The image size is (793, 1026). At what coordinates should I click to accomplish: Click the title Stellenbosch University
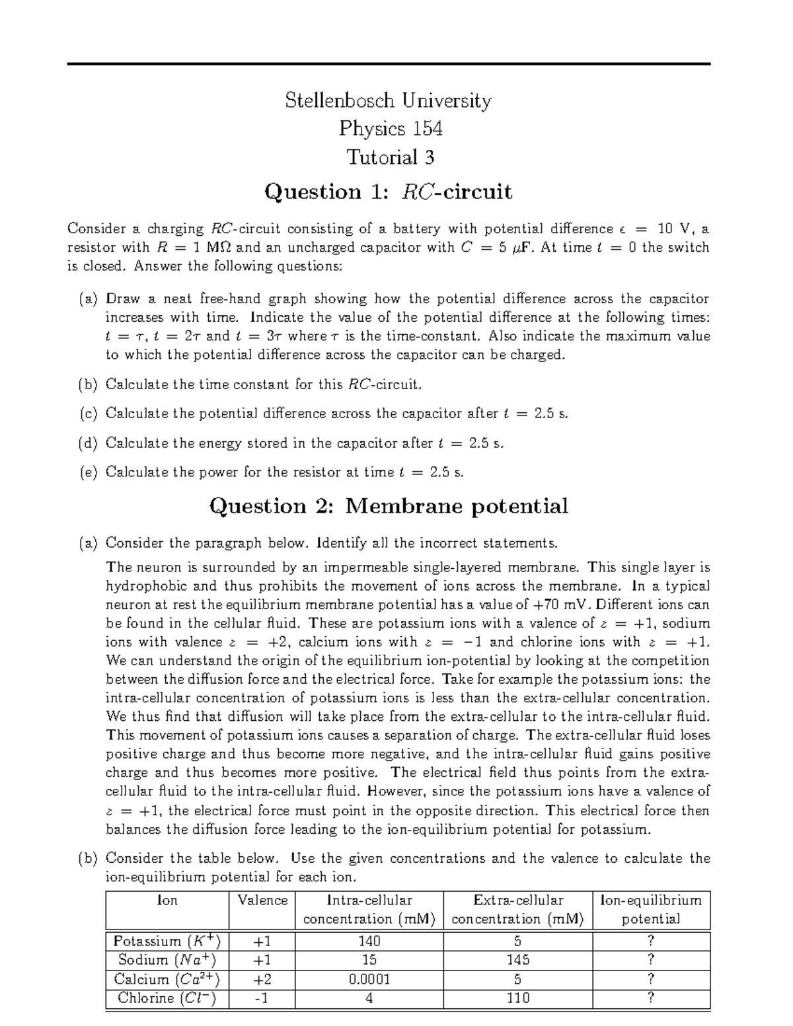[388, 100]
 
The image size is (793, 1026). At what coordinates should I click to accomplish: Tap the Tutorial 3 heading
[391, 157]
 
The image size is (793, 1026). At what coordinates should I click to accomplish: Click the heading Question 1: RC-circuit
[388, 192]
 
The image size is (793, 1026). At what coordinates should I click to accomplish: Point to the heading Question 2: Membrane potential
[388, 506]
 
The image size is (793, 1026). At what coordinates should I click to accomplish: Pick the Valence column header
[262, 900]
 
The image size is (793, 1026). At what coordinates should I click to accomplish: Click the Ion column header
[167, 900]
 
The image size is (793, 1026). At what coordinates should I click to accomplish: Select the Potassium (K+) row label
[167, 941]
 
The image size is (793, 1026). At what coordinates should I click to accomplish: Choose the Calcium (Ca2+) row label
[167, 979]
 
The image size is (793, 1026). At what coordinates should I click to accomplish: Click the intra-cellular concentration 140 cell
[369, 941]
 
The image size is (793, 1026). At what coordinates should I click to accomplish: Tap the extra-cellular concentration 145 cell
[517, 960]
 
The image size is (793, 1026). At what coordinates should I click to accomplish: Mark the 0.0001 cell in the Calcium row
[369, 979]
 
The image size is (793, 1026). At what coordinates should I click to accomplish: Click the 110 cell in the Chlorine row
[517, 998]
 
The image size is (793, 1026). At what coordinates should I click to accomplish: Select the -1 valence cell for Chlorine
[262, 998]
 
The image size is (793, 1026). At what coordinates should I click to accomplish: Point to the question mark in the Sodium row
[651, 960]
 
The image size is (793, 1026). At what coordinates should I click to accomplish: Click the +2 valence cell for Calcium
[262, 979]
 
